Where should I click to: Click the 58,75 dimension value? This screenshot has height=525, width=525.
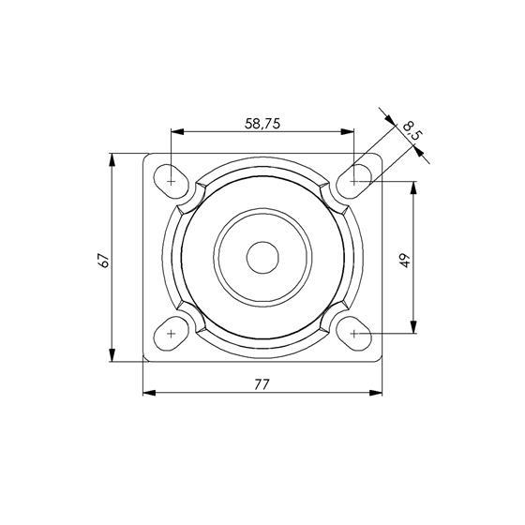(262, 124)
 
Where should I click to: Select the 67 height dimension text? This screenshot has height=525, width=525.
(104, 260)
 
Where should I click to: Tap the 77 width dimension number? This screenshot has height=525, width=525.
(262, 384)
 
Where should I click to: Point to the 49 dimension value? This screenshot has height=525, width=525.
(405, 261)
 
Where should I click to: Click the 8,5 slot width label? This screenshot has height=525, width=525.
(412, 130)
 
